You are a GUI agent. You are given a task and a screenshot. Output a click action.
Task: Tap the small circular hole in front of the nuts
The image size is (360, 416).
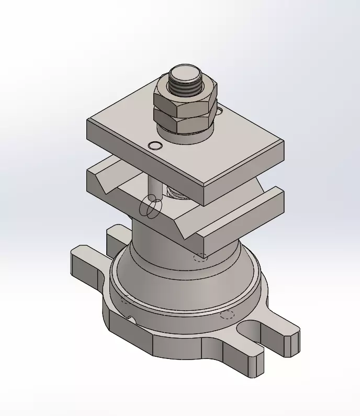click(155, 145)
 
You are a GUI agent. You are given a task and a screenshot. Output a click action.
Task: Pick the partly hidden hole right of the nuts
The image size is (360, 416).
click(219, 111)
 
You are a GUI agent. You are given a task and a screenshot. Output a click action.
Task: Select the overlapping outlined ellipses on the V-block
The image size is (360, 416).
click(150, 208)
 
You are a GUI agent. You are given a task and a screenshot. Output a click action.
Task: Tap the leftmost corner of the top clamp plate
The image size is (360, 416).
click(88, 121)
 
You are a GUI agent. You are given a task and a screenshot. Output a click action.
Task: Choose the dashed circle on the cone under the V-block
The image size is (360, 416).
click(200, 257)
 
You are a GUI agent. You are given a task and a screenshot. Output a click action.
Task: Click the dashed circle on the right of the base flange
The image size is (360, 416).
click(227, 314)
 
